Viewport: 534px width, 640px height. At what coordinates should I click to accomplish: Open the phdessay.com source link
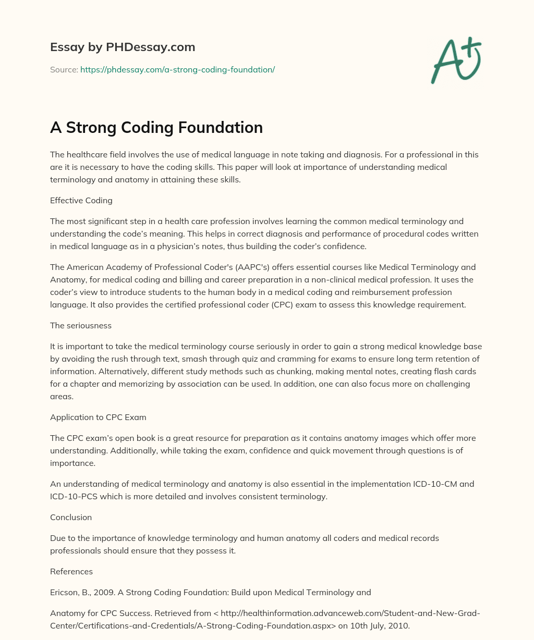(177, 69)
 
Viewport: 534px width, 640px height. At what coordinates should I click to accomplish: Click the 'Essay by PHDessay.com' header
(123, 47)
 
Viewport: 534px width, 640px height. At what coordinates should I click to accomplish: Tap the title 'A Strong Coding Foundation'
(156, 128)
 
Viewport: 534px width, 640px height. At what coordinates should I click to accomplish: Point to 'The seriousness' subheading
(81, 325)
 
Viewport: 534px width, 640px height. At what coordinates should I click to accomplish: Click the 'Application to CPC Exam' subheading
(98, 417)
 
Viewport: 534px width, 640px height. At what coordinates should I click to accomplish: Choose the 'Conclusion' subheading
(71, 517)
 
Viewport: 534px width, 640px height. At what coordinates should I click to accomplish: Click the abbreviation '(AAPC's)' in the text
(252, 267)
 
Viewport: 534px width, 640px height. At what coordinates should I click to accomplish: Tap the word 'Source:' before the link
(64, 69)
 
